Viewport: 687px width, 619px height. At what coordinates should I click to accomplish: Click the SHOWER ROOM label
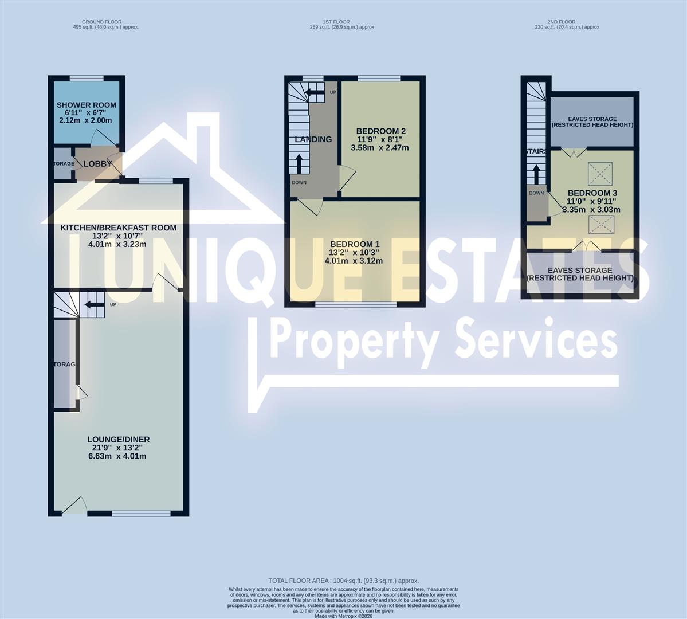(x=87, y=105)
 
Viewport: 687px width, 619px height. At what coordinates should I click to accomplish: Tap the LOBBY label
(x=97, y=164)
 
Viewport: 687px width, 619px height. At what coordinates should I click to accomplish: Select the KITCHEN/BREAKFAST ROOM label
(x=119, y=228)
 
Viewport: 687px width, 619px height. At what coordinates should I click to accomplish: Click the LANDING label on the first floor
(x=313, y=139)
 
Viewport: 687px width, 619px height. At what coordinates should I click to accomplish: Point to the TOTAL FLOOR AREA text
(x=344, y=581)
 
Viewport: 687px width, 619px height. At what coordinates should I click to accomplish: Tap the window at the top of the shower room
(x=87, y=79)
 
